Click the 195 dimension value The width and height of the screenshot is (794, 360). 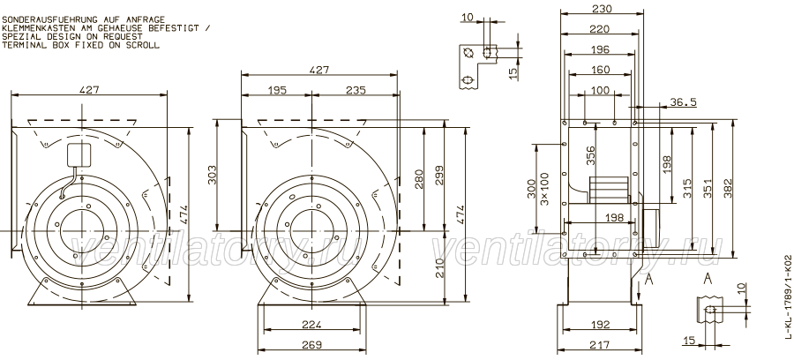(x=278, y=91)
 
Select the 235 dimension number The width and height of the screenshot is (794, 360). (x=356, y=91)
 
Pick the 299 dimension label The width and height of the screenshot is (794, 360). (x=438, y=176)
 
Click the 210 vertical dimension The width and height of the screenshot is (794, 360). (x=438, y=268)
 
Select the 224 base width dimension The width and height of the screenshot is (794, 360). (x=311, y=325)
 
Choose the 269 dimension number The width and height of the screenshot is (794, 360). (x=312, y=345)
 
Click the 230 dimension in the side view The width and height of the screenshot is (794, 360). (x=602, y=9)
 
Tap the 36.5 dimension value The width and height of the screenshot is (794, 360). (x=683, y=102)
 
